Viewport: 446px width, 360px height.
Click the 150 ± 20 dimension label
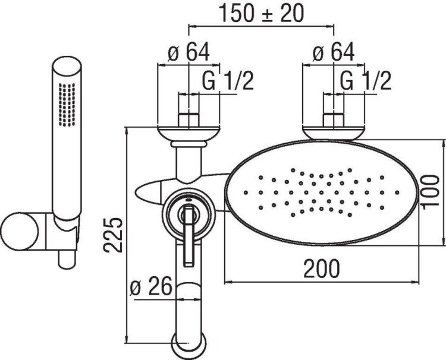coord(260,12)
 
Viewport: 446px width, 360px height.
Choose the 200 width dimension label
coord(322,269)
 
